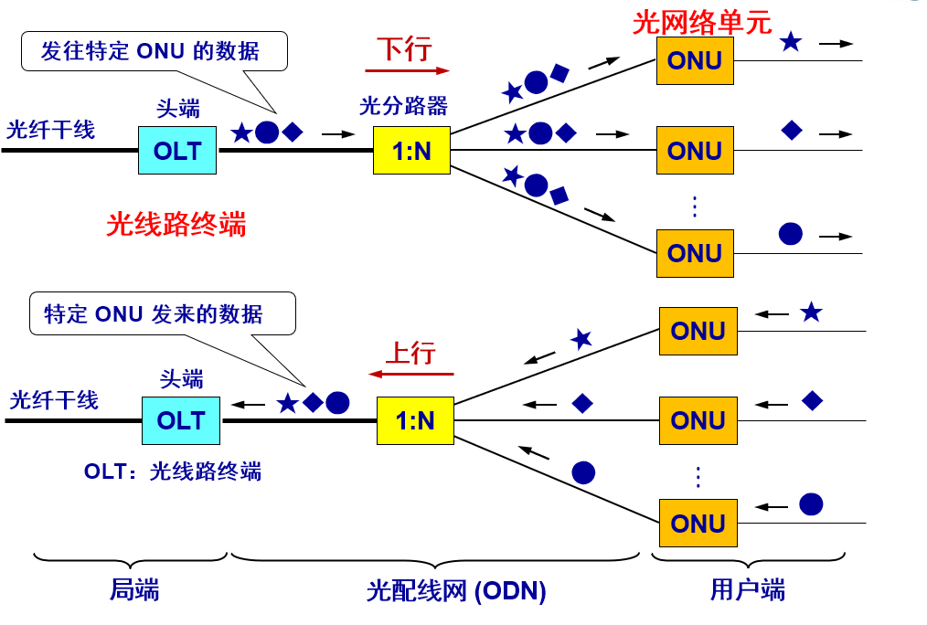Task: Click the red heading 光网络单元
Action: (701, 22)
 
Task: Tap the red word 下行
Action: (403, 48)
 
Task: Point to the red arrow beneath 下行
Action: (407, 69)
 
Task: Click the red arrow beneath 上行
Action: (410, 374)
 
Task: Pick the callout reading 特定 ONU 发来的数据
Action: (162, 313)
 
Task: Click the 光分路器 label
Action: (403, 106)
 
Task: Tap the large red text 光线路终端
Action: (176, 224)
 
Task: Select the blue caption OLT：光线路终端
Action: (173, 471)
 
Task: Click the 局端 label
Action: (134, 590)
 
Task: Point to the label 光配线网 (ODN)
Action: (456, 591)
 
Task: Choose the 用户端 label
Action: (747, 590)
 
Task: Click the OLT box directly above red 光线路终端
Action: (177, 151)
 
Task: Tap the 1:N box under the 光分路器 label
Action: (411, 151)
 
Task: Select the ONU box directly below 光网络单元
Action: (695, 61)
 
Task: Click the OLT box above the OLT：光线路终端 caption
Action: (181, 420)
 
